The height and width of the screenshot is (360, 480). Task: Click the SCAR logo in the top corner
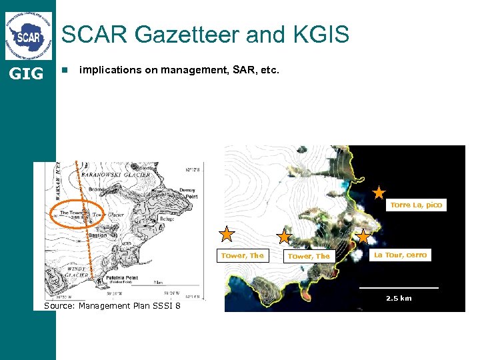tap(28, 35)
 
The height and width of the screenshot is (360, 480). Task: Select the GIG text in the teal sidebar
tap(27, 73)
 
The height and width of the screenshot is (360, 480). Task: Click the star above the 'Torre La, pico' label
tap(379, 193)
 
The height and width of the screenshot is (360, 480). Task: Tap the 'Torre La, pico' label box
tap(416, 205)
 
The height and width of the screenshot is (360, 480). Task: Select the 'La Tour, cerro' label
tap(400, 255)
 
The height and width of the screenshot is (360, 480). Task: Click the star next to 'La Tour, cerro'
tap(363, 237)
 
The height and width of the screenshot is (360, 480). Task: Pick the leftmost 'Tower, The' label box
tap(243, 256)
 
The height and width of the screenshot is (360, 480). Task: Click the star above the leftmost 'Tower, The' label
tap(227, 234)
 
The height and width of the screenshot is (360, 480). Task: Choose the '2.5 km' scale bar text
tap(399, 298)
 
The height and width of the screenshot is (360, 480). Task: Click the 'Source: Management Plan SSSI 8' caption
tap(112, 305)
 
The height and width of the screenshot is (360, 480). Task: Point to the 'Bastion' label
tap(97, 235)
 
